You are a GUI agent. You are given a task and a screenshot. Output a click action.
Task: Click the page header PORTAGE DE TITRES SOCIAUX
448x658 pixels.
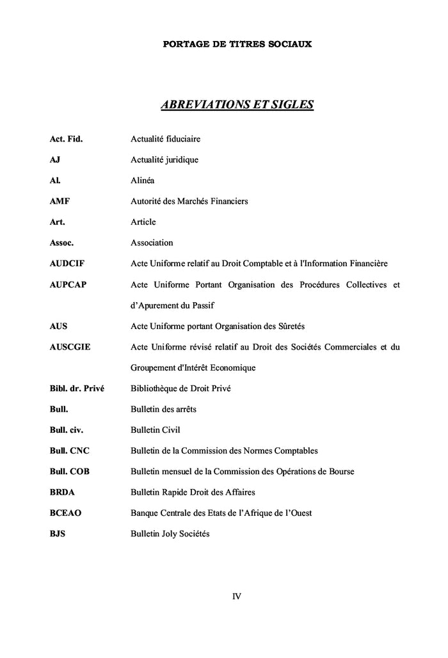(x=237, y=44)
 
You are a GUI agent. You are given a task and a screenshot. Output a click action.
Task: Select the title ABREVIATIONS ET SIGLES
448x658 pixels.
(x=237, y=104)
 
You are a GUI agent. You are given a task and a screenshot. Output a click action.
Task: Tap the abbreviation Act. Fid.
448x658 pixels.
(x=66, y=139)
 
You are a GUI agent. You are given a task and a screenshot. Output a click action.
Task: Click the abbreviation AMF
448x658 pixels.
(x=60, y=201)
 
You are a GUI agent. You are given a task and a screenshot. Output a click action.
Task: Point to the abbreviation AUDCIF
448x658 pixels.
(x=67, y=264)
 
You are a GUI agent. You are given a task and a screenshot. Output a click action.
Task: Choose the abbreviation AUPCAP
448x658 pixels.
(x=67, y=284)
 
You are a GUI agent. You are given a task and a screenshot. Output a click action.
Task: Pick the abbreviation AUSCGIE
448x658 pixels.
(x=70, y=347)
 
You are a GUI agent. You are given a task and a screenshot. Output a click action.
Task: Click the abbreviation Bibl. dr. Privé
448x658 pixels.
(x=77, y=389)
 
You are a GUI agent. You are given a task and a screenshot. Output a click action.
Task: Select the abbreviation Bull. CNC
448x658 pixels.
(x=69, y=451)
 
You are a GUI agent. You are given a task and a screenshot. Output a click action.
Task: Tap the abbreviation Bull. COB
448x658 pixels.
(x=69, y=472)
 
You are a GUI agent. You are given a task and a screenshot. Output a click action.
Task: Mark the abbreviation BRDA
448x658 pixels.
(x=62, y=492)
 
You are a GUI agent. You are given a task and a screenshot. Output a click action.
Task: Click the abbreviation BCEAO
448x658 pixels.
(x=65, y=513)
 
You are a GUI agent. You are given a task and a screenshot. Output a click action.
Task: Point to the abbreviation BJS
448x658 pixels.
(x=58, y=534)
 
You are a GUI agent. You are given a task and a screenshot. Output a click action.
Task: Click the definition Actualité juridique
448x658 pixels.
(x=164, y=159)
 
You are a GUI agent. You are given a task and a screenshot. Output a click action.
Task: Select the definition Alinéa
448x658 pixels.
(x=143, y=181)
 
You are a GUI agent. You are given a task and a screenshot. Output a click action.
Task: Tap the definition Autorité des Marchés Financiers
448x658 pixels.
(x=189, y=201)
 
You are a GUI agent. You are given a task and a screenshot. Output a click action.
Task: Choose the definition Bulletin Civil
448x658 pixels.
(x=159, y=430)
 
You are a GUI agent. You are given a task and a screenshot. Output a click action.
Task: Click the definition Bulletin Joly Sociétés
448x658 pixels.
(x=170, y=534)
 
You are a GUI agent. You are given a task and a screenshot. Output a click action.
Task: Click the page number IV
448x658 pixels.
(x=237, y=597)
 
